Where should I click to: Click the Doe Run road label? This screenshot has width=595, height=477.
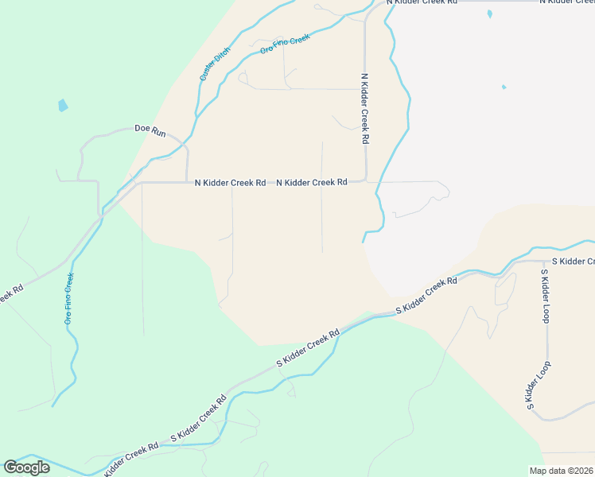point(150,130)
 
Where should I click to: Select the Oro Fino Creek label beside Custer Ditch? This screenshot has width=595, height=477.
point(284,45)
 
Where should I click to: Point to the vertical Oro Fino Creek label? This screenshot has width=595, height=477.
point(69,298)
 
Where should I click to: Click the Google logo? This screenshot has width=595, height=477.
point(26,467)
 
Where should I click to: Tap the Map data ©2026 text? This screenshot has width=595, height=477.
point(562,471)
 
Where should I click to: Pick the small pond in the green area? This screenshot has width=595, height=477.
point(63,105)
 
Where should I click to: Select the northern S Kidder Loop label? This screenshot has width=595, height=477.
point(545,296)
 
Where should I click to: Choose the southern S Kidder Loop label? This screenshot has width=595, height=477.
point(538,386)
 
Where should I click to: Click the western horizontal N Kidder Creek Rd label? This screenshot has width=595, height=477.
point(231,183)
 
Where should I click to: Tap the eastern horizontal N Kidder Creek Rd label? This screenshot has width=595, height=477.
point(312,183)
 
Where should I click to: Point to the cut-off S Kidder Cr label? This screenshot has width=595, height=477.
point(573,262)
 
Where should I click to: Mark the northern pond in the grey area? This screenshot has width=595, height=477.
point(489,14)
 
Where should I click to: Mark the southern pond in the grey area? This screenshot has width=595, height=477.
point(504,87)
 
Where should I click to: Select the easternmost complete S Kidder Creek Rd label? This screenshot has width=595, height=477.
point(426,294)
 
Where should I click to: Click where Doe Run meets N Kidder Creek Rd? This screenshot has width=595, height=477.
point(187,182)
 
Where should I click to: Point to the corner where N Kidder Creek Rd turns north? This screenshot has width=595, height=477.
point(365,180)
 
